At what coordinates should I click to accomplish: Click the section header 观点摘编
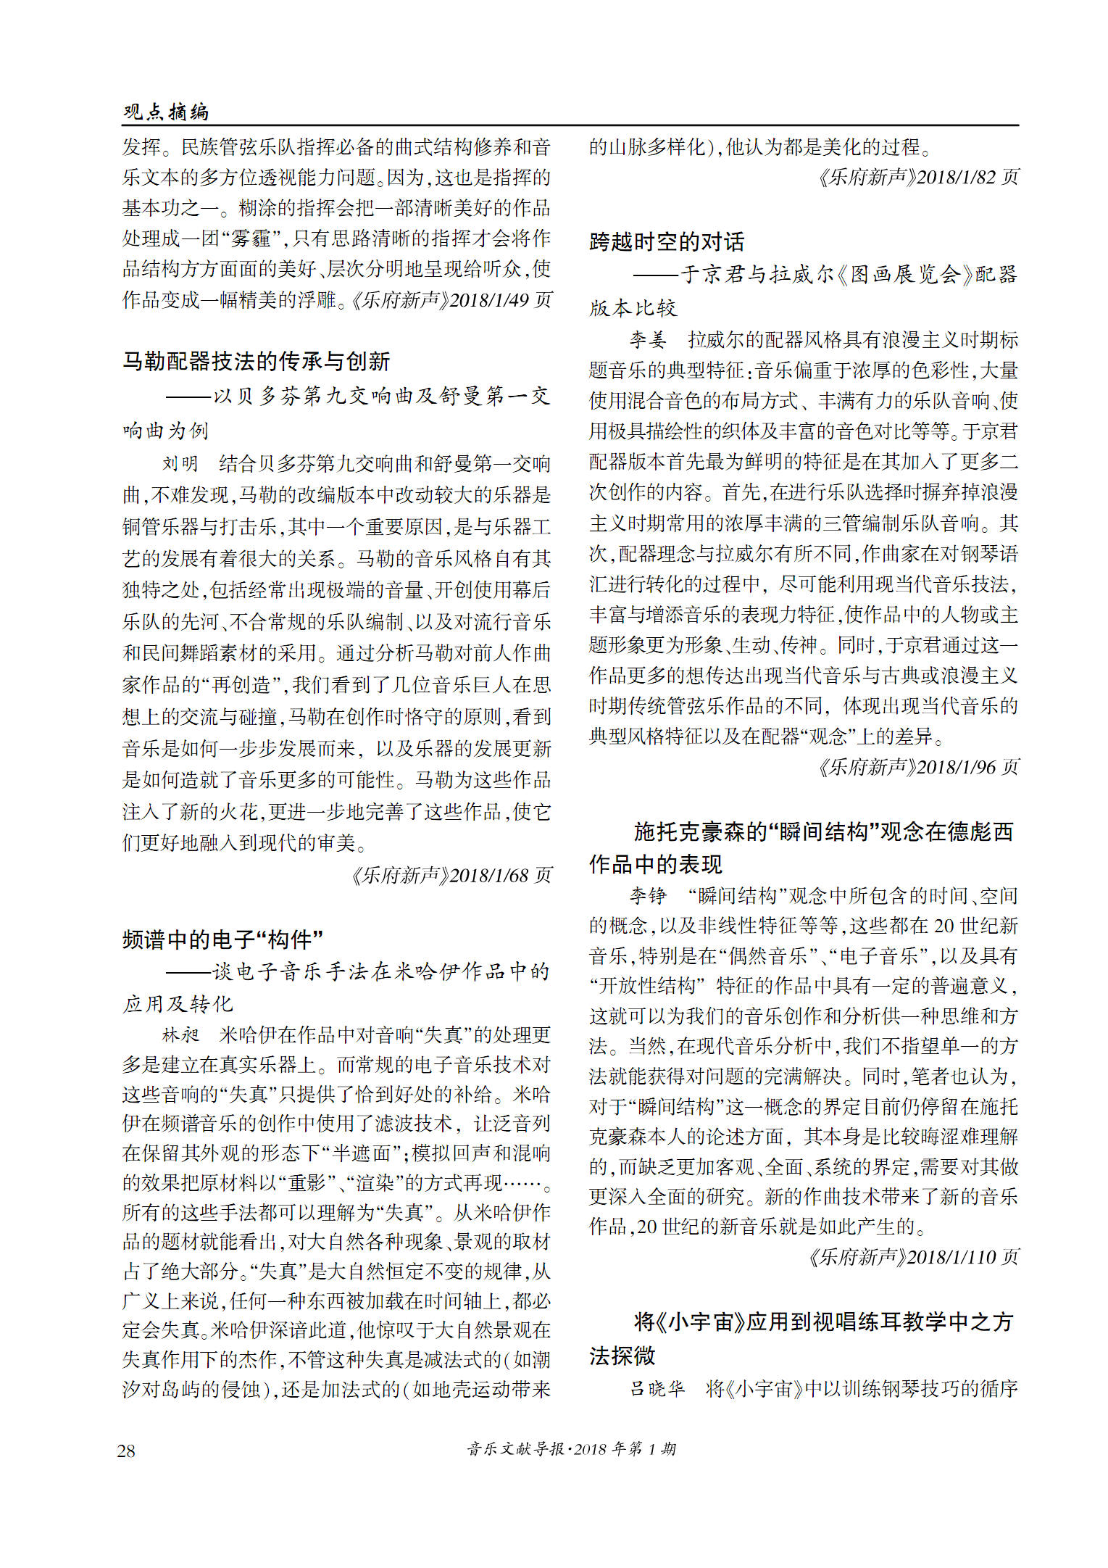166,111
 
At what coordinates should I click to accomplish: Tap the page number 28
126,1451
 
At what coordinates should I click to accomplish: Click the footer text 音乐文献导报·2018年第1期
572,1448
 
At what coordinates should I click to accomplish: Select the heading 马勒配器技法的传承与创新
256,361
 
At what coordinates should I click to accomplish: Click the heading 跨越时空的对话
667,241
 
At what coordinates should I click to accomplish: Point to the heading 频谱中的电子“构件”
222,939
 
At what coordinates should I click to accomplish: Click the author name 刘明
180,463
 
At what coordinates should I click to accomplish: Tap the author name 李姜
647,339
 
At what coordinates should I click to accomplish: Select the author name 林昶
180,1034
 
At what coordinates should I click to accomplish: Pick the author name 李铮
647,895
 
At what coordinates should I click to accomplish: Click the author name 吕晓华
657,1388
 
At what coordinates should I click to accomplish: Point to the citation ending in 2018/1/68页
451,875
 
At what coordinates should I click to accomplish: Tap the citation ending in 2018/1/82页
918,177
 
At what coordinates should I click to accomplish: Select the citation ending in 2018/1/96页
918,767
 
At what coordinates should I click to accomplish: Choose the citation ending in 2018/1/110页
913,1256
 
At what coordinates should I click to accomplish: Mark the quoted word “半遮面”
358,1153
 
